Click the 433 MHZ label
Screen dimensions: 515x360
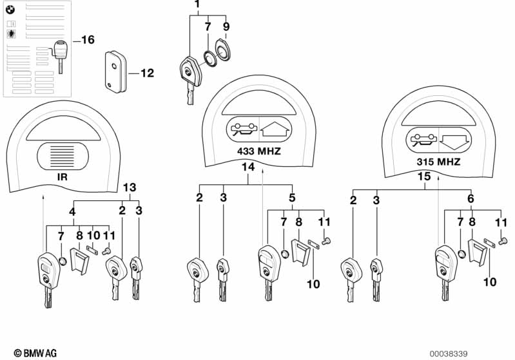pyautogui.click(x=259, y=151)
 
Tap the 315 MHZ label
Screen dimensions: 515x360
pyautogui.click(x=438, y=162)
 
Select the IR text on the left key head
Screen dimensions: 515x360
pyautogui.click(x=63, y=177)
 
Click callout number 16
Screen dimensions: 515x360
pyautogui.click(x=88, y=40)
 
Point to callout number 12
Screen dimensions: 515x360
pyautogui.click(x=147, y=73)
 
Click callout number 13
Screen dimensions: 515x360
pyautogui.click(x=130, y=187)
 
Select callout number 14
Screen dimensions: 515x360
pyautogui.click(x=248, y=167)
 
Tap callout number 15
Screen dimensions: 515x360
pyautogui.click(x=424, y=176)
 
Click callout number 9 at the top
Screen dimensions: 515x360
pyautogui.click(x=226, y=26)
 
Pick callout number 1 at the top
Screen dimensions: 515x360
pyautogui.click(x=197, y=5)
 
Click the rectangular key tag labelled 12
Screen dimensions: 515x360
pyautogui.click(x=115, y=71)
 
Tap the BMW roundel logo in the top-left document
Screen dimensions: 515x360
pyautogui.click(x=10, y=10)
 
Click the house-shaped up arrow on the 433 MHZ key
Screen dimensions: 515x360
pyautogui.click(x=275, y=129)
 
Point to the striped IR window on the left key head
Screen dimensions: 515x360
pyautogui.click(x=63, y=156)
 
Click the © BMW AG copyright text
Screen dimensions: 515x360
pyautogui.click(x=35, y=353)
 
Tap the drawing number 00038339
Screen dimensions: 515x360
pyautogui.click(x=449, y=354)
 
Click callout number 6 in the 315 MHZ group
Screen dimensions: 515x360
pyautogui.click(x=471, y=198)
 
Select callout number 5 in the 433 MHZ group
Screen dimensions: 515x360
pyautogui.click(x=292, y=198)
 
